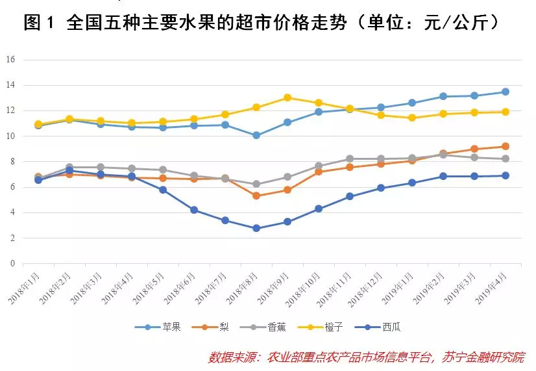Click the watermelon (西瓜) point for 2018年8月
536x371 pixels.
[x=256, y=228]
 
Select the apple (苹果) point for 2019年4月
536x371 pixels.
[x=505, y=92]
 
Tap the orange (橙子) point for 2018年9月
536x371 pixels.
[x=287, y=97]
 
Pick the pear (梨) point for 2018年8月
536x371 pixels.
[x=256, y=196]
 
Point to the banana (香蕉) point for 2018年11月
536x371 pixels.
[x=349, y=159]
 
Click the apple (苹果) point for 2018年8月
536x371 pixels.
[x=256, y=135]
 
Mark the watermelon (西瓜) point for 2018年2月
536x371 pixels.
[x=69, y=171]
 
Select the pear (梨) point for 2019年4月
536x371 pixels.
[x=505, y=146]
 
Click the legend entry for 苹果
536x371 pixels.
[x=156, y=327]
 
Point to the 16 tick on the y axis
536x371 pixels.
[x=10, y=60]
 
